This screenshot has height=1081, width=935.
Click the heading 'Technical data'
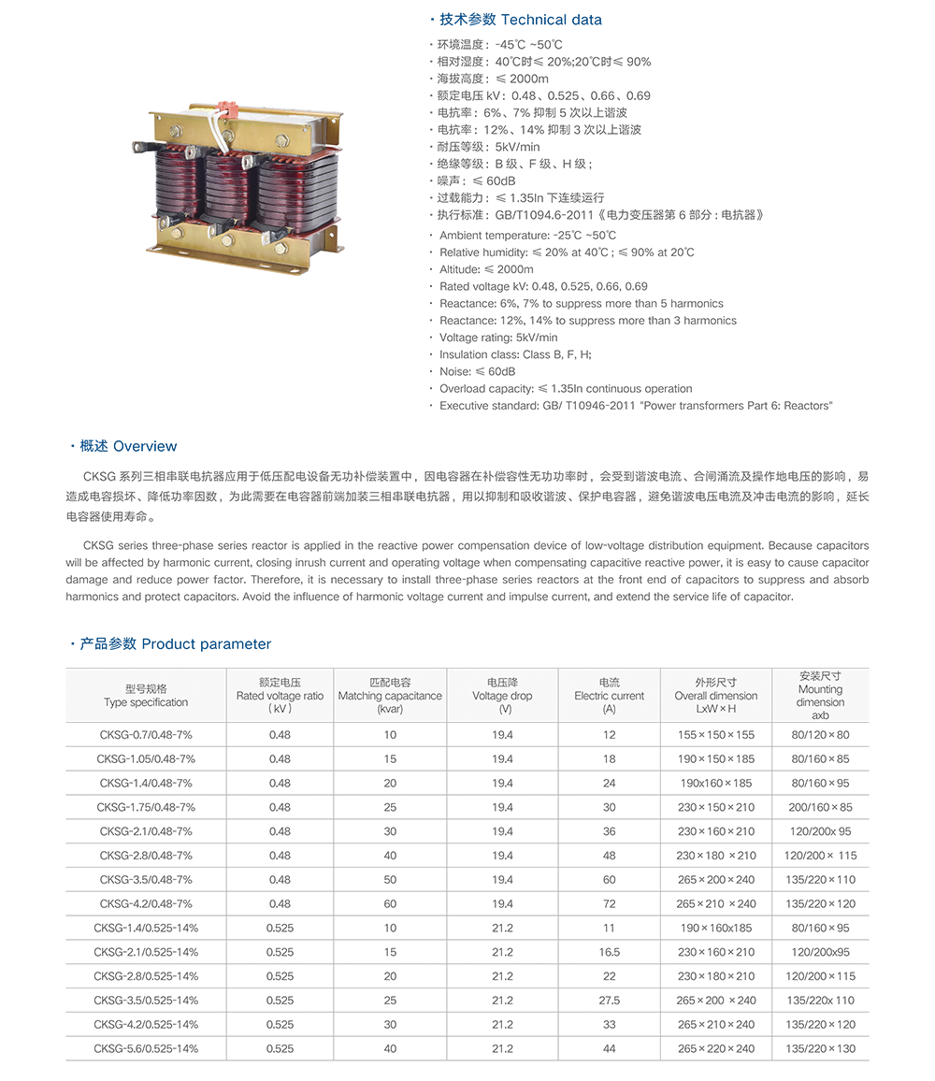[552, 20]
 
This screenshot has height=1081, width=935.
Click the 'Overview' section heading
[145, 446]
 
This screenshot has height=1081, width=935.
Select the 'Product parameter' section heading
[206, 643]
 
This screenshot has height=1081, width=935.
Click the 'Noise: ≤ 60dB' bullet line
[477, 371]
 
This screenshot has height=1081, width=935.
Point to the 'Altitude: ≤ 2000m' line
[486, 269]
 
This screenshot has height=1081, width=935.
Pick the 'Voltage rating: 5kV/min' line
[498, 338]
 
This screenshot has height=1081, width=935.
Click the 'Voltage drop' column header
[502, 696]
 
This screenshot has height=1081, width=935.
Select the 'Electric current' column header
[610, 696]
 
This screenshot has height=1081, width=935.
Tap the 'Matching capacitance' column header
[390, 696]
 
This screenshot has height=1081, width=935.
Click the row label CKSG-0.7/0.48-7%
[146, 734]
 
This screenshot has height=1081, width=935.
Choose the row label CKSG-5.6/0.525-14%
[146, 1048]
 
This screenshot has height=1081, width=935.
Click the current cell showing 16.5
[610, 952]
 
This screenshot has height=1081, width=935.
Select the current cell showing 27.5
[610, 1001]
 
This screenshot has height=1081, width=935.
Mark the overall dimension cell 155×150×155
[716, 734]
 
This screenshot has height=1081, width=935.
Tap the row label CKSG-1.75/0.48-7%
[146, 807]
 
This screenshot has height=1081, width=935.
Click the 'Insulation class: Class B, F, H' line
[515, 354]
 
